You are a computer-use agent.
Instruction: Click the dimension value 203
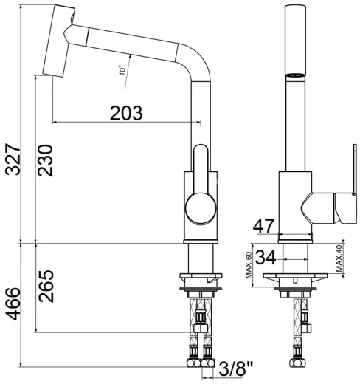126,112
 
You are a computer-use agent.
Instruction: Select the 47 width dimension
265,226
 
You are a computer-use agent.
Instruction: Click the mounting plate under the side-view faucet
200,281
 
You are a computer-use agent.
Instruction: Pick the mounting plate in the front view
297,281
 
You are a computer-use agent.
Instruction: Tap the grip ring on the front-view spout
296,75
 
